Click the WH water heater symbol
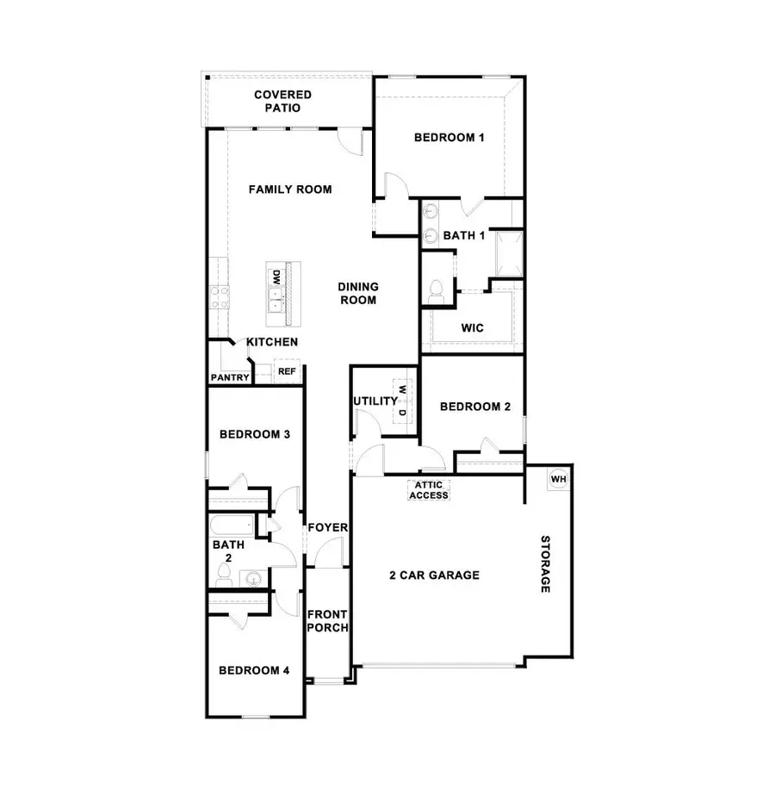[x=558, y=479]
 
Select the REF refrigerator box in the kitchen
[x=286, y=372]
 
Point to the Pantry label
[x=229, y=377]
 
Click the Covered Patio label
[x=282, y=102]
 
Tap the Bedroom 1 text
[x=449, y=137]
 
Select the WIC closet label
[x=473, y=328]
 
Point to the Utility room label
[x=374, y=401]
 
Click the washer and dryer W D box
[x=402, y=401]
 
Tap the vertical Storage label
[x=546, y=564]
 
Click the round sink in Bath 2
[x=252, y=578]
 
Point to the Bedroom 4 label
[x=254, y=670]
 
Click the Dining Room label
[x=357, y=294]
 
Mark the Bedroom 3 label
[x=254, y=434]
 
